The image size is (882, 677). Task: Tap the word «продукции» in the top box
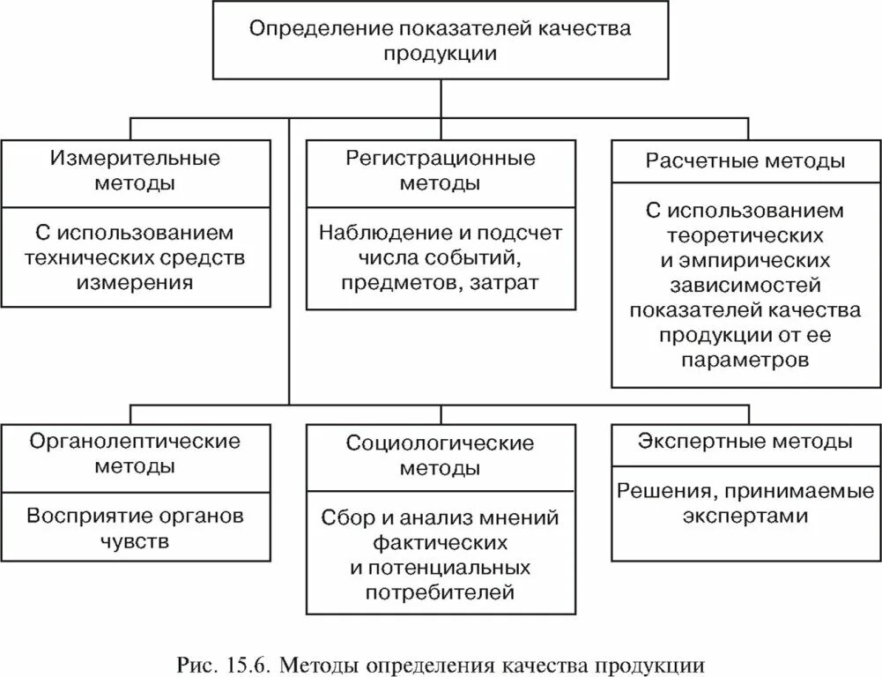(x=440, y=53)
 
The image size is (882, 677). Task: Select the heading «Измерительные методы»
(x=135, y=171)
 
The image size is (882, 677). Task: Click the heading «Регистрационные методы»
(x=440, y=171)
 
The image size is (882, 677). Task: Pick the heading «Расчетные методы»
(x=745, y=161)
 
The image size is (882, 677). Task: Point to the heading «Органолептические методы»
(x=135, y=453)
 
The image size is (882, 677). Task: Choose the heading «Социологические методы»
(x=440, y=455)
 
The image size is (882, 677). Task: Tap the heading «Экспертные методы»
(x=745, y=442)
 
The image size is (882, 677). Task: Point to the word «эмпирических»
(x=756, y=261)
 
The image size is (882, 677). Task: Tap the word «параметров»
(x=745, y=361)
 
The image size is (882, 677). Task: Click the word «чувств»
(x=135, y=540)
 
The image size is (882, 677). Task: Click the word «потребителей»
(x=440, y=591)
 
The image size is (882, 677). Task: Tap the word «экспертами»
(x=745, y=516)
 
